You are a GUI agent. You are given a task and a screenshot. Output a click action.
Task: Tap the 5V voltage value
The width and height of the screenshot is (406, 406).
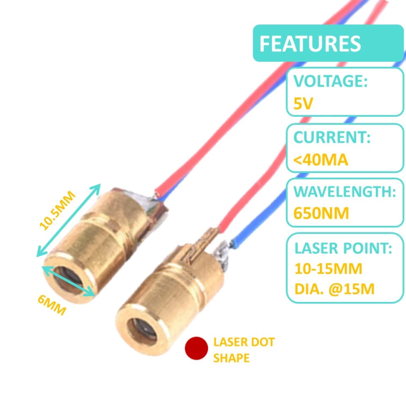304,104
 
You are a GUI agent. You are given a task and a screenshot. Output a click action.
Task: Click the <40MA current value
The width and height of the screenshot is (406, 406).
321,160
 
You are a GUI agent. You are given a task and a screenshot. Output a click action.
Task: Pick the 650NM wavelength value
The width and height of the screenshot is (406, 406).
322,213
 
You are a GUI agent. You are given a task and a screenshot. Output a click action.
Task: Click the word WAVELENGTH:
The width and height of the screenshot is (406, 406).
345,192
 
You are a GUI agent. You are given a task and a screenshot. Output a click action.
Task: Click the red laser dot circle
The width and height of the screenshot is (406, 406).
196,349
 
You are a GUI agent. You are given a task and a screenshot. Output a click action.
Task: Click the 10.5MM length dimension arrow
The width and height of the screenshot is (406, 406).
68,220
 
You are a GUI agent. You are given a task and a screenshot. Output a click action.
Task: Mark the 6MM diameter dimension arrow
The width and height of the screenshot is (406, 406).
68,282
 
